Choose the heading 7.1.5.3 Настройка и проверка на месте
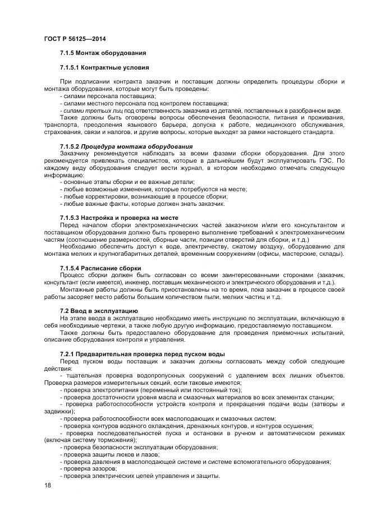[118, 217]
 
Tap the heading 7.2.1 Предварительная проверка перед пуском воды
[142, 353]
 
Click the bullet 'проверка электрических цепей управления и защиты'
[139, 476]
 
